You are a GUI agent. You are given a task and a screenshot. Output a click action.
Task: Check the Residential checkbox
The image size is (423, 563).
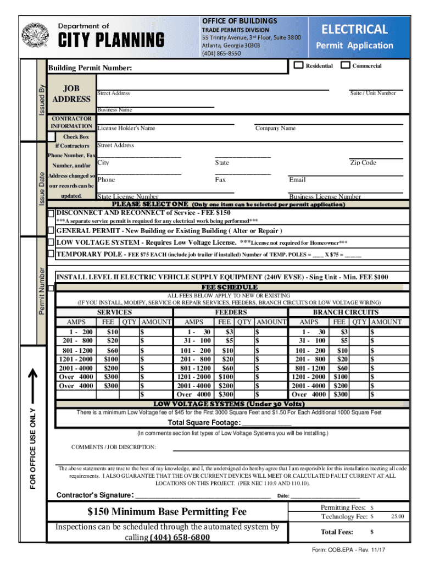pos(298,65)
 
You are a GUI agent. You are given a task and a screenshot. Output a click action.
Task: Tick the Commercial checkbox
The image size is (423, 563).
pos(345,65)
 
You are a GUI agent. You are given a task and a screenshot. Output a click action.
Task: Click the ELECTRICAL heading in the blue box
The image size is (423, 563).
pos(354,29)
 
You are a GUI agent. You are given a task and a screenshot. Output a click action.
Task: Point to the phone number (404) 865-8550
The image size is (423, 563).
pos(221,53)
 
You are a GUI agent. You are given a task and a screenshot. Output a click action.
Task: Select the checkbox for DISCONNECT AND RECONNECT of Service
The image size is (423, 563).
pos(51,213)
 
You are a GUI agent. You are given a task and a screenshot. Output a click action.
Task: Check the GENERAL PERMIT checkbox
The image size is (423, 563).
pos(51,230)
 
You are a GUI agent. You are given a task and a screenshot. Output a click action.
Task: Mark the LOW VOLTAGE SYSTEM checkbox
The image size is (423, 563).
pos(51,242)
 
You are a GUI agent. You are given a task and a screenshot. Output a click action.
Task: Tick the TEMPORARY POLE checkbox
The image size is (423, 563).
pos(51,254)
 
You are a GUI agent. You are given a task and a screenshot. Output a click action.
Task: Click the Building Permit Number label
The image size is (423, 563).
pos(90,69)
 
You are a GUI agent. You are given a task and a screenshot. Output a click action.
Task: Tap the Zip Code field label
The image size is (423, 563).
pos(363,163)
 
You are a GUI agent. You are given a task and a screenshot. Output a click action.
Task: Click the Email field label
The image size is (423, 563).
pos(297,180)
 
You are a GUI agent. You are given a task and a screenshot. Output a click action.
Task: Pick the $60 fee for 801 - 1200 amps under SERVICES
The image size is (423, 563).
pos(113,351)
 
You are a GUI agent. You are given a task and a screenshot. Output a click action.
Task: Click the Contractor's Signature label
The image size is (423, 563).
pos(94,495)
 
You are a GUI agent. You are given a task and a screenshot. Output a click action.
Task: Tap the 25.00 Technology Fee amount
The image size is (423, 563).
pos(397,517)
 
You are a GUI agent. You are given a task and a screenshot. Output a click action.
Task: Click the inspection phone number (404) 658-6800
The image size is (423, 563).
pos(180,537)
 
